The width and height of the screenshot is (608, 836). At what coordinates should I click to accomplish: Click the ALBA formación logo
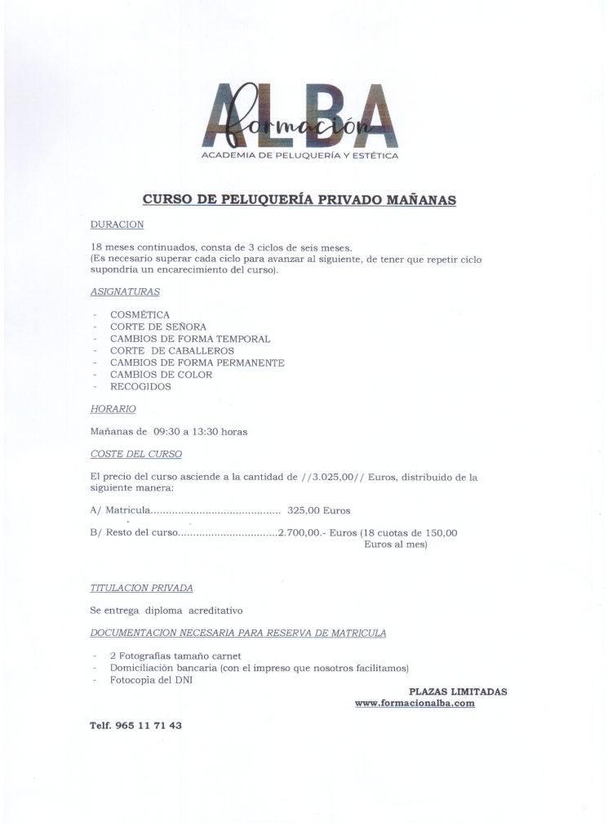click(300, 118)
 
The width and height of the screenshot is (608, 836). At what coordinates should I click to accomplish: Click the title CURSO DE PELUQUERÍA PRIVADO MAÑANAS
click(299, 199)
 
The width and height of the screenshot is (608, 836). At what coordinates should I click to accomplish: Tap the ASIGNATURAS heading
click(125, 291)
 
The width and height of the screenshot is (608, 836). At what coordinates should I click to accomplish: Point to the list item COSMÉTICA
click(140, 314)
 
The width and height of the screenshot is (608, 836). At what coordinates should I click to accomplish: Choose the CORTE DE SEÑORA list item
click(153, 327)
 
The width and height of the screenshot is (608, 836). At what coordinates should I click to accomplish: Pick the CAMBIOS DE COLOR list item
click(161, 375)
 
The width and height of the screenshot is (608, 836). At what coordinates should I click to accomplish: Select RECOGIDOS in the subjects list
click(140, 387)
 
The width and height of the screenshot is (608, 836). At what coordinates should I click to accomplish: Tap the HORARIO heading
click(113, 408)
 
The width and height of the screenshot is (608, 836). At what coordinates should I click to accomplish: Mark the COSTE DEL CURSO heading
click(135, 454)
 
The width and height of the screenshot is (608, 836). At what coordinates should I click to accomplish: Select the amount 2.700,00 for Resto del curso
click(301, 532)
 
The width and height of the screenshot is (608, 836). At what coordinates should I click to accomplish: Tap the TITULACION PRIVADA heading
click(141, 588)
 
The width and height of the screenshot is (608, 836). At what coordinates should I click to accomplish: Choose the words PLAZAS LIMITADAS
click(458, 691)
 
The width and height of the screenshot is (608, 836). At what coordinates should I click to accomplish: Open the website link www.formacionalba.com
click(415, 703)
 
